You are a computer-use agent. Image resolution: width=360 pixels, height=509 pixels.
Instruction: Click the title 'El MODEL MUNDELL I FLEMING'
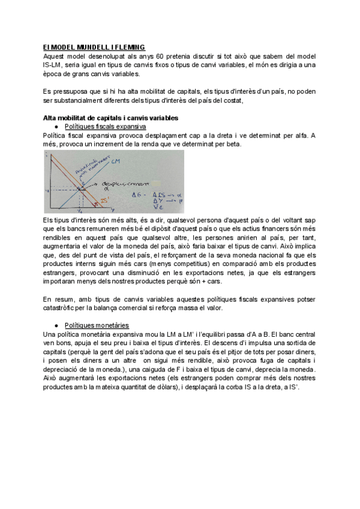(x=94, y=47)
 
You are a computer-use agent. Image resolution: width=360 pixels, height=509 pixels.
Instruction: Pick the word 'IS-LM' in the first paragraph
(x=54, y=65)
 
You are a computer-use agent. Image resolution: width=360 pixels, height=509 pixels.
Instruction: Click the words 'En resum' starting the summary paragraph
(x=58, y=299)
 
